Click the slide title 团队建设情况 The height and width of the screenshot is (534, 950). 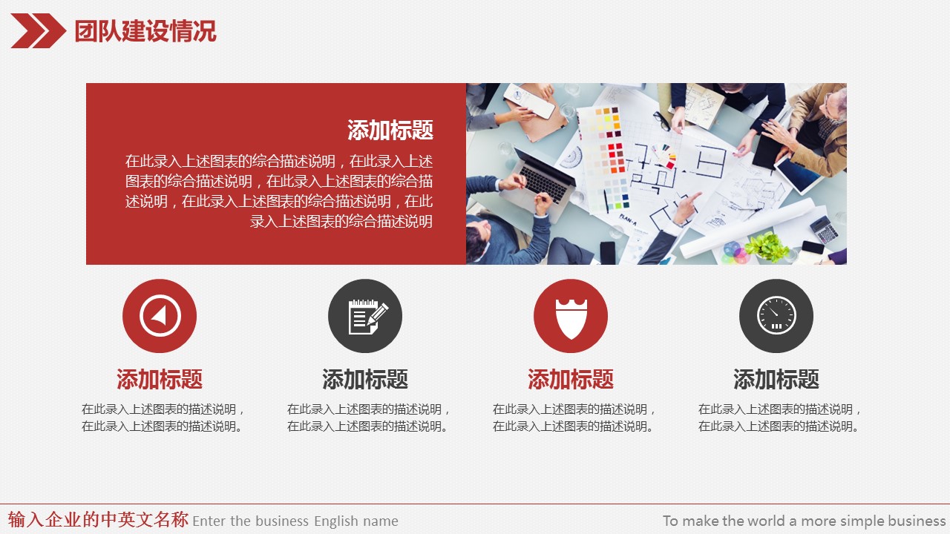pos(145,31)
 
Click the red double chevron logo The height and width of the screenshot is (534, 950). pos(38,30)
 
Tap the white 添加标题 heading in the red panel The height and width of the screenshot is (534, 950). pos(390,130)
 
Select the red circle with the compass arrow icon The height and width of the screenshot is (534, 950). pos(160,316)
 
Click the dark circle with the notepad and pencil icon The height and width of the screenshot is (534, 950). pos(365,316)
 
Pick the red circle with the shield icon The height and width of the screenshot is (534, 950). pos(571,316)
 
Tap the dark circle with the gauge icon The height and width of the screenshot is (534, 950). pos(776,316)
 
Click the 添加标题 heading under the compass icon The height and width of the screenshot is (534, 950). pos(160,379)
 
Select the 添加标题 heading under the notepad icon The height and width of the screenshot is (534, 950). pos(365,379)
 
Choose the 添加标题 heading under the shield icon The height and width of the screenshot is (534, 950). pos(571,379)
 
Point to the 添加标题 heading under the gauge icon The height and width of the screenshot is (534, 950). pos(776,379)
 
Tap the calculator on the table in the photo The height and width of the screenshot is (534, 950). pos(824,229)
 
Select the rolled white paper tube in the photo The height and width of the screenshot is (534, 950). pos(747,229)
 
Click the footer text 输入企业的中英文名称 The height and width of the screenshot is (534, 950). pos(98,519)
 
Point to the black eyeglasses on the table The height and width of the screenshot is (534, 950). pos(662,120)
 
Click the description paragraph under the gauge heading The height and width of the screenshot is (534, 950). pos(779,418)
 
